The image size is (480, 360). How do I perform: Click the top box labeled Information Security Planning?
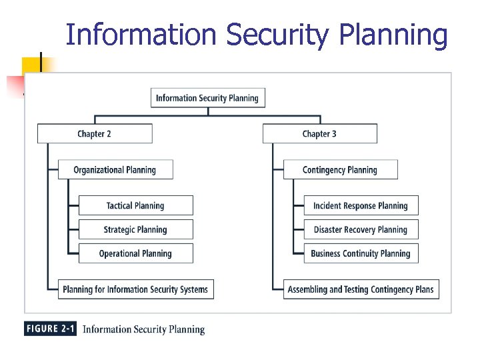click(208, 98)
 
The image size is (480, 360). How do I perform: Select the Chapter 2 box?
click(95, 134)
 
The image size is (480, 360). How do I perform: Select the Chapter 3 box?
click(319, 134)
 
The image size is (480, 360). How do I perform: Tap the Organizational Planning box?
click(115, 170)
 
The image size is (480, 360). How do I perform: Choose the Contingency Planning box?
click(340, 170)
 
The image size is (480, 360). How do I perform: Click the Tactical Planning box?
click(135, 205)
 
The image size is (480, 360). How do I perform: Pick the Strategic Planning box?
click(135, 229)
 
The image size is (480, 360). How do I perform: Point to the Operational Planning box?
click(135, 253)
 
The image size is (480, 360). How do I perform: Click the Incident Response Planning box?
click(361, 205)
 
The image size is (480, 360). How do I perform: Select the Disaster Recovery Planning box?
click(361, 229)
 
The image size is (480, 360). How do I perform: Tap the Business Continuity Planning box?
click(361, 253)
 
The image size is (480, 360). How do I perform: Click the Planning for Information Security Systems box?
click(135, 289)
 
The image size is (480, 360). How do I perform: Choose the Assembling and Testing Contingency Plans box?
click(361, 289)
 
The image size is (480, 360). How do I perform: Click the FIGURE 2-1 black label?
click(51, 329)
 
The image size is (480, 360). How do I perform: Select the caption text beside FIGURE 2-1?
click(143, 329)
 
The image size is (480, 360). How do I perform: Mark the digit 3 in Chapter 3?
click(333, 134)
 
